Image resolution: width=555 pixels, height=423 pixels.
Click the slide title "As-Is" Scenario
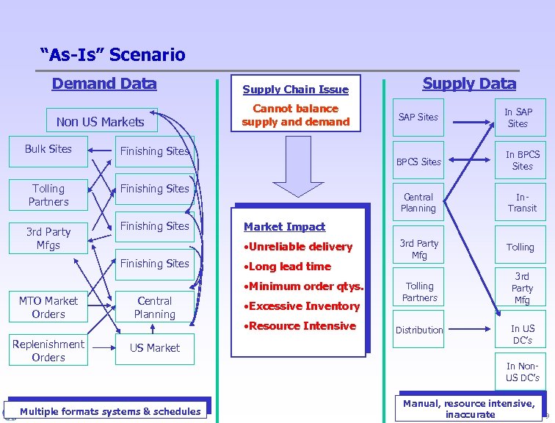coord(113,54)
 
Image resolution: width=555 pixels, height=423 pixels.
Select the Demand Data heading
coord(104,83)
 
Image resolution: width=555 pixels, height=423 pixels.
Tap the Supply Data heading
coord(469,83)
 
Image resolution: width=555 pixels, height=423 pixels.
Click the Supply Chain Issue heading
coord(295,90)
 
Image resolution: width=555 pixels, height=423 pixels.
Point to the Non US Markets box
coord(100,122)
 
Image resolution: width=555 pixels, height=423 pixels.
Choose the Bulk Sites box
coord(48,149)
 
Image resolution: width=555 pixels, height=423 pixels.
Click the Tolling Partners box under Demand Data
coord(48,195)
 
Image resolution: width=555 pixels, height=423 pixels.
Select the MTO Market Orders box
coord(48,308)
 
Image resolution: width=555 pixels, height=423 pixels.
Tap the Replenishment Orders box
coord(48,351)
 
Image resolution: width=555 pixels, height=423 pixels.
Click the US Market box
coord(155,348)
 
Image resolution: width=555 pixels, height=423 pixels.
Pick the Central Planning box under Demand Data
coord(155,308)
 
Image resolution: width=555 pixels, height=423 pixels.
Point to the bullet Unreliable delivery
coord(298,247)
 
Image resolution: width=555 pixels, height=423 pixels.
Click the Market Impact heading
coord(284,227)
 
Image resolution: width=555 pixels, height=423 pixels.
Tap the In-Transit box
coord(522,203)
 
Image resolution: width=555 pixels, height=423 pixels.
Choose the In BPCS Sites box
coord(522,160)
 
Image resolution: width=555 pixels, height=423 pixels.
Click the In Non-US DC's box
coord(522,372)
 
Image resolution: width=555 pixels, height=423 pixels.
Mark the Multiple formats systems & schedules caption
coord(110,411)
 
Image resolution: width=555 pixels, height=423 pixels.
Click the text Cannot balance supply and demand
coord(295,115)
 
